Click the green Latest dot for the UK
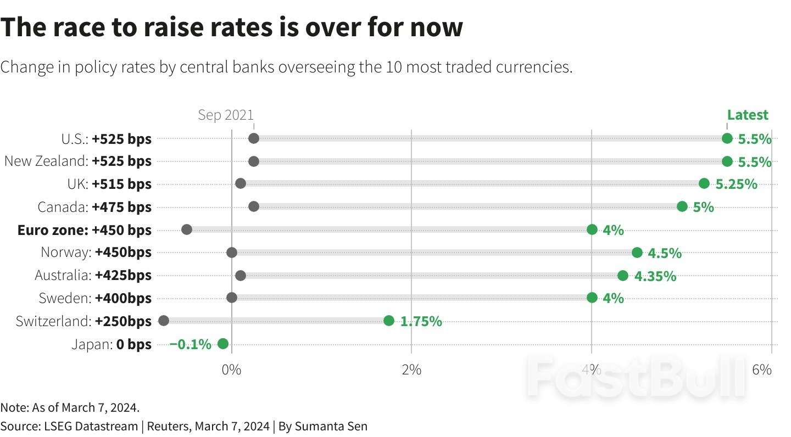pos(704,183)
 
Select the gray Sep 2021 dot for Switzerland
pos(163,321)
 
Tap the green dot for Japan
pos(222,344)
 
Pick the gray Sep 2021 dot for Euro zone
pos(186,229)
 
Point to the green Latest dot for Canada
pos(682,206)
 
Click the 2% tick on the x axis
pos(411,369)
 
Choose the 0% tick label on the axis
pos(231,369)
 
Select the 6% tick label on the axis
pos(761,369)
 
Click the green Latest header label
pos(747,115)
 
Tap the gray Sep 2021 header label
pos(226,115)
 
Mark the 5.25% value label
pos(736,184)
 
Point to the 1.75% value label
pos(421,322)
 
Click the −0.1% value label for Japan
pos(190,345)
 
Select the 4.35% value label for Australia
pos(655,276)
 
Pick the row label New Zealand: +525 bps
pos(77,161)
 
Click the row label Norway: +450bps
pos(96,253)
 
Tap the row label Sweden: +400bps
pos(94,299)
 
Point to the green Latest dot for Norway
pos(637,253)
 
